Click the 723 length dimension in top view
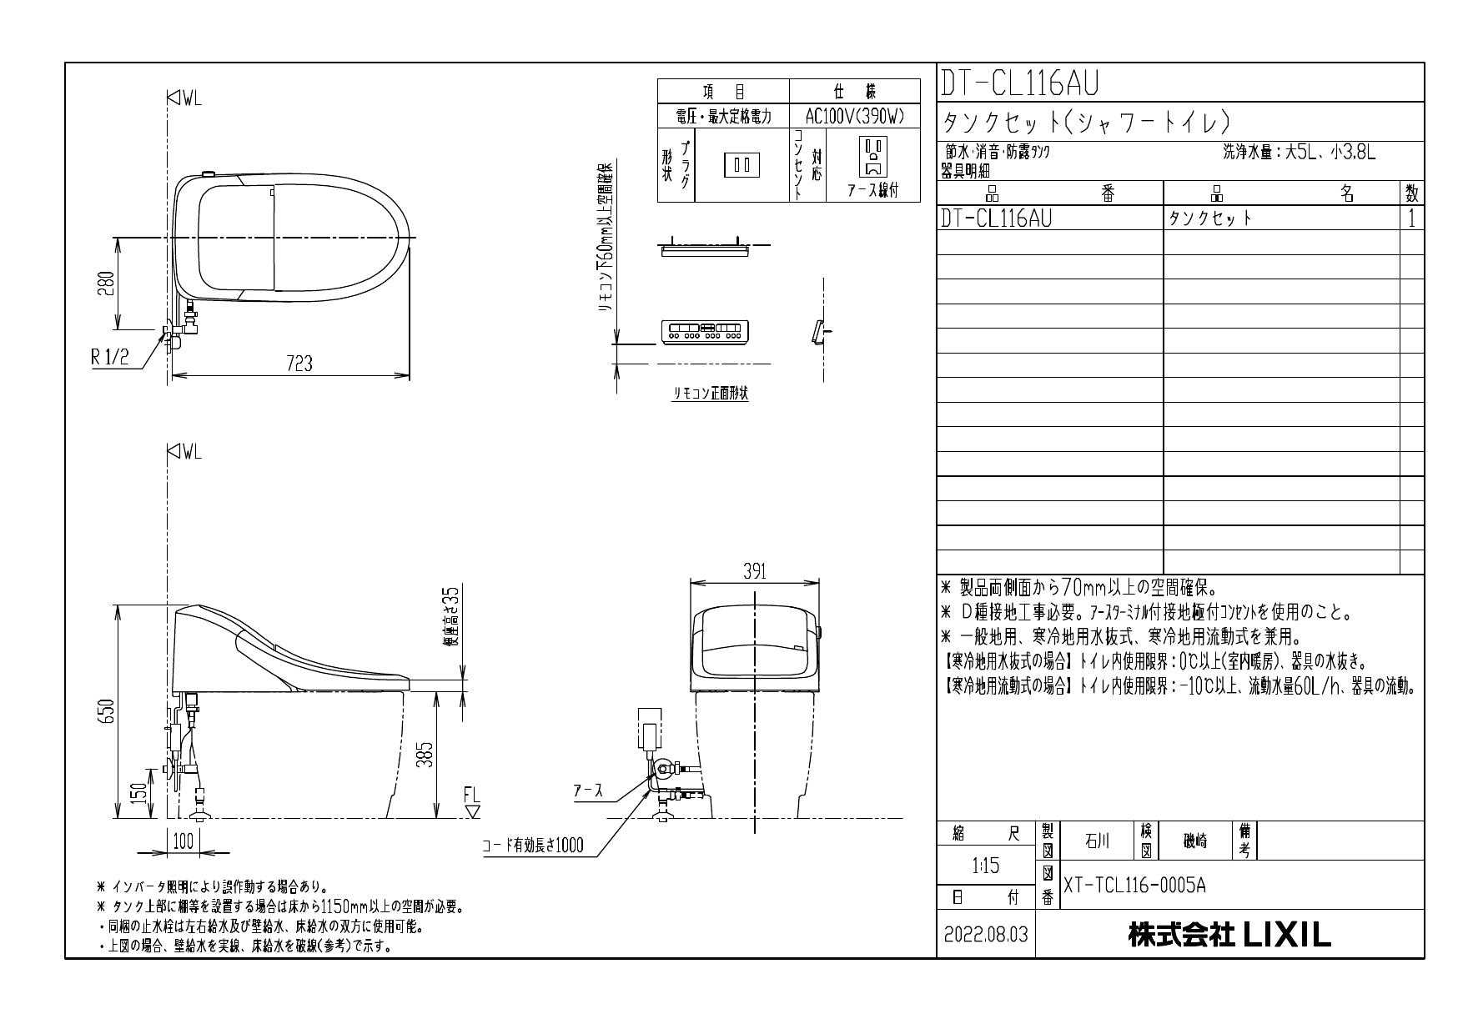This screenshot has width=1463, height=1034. (x=299, y=364)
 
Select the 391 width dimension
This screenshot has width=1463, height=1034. (x=755, y=572)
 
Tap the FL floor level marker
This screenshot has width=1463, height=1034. (x=472, y=802)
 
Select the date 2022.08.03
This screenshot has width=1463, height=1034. (x=986, y=936)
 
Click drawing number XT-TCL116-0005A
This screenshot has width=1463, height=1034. (x=1134, y=886)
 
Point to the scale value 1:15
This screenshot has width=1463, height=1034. (x=986, y=866)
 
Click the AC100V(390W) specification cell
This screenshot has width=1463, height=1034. (x=854, y=117)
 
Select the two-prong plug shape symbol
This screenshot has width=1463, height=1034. (x=742, y=164)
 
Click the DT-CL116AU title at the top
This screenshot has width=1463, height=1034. (x=1019, y=83)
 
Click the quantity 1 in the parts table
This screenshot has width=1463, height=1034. (x=1411, y=218)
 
